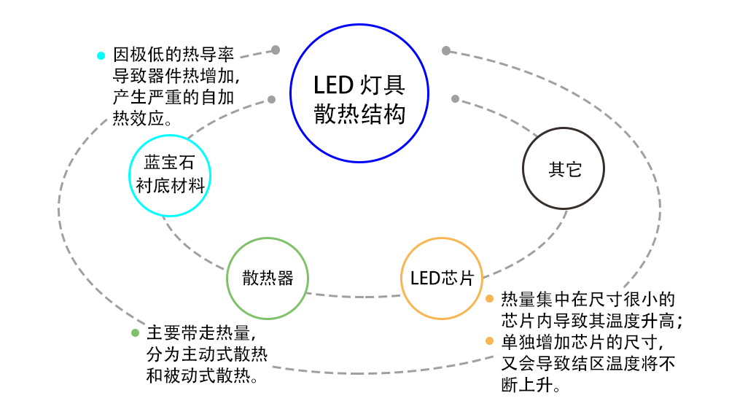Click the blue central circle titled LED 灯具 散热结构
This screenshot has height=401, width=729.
coord(359,93)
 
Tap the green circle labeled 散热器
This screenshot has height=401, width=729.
coord(268,278)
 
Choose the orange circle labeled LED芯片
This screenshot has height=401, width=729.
coord(442,278)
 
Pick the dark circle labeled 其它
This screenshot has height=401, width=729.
coord(565,169)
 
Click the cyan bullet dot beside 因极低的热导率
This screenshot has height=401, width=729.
coord(101,55)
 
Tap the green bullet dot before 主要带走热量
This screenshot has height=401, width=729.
coord(135,333)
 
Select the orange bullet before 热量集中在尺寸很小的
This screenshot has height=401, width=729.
coord(490,299)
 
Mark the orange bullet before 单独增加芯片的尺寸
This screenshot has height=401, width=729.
coord(490,341)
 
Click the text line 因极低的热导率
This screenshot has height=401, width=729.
coord(174,55)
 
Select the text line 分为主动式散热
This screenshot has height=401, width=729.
coord(207,355)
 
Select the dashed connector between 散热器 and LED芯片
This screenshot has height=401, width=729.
coord(354,296)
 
